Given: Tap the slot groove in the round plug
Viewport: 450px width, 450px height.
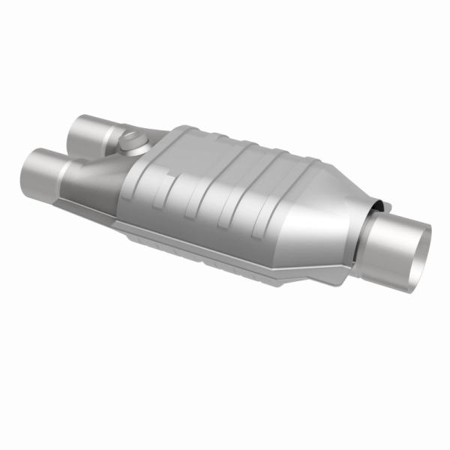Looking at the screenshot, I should (x=132, y=139).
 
